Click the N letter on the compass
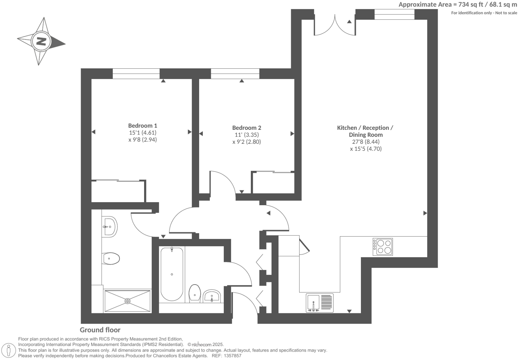point(41,42)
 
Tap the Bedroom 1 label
point(142,125)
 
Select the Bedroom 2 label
point(246,128)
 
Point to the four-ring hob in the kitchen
point(383,247)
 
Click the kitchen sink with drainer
point(320,303)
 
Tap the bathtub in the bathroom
point(172,274)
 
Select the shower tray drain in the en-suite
point(128,301)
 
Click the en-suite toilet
point(111,258)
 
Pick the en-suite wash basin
point(109,227)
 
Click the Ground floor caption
point(100,330)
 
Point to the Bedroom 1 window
point(136,74)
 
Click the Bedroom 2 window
point(235,74)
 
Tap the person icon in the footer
point(9,350)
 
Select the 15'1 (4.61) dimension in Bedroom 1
point(142,132)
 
